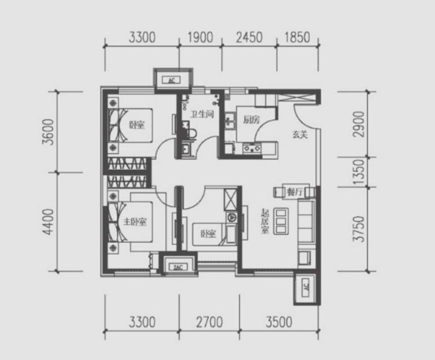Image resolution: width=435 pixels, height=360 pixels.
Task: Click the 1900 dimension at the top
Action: (200, 37)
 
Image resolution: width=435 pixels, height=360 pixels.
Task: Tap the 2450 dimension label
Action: (249, 37)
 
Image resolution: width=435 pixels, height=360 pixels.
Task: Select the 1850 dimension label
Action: (297, 37)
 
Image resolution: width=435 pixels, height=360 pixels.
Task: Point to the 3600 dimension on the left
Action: (48, 132)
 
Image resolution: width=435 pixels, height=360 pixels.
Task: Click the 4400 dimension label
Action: (48, 222)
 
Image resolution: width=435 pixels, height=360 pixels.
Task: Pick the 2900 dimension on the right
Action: (358, 124)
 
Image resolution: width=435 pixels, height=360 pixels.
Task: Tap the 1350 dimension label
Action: (358, 172)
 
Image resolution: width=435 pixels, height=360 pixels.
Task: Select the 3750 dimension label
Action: (358, 229)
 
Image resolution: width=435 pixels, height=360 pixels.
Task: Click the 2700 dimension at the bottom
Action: (210, 322)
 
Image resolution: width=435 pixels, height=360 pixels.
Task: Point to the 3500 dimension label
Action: (279, 322)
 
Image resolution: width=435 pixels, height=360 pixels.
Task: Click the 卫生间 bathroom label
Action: (202, 114)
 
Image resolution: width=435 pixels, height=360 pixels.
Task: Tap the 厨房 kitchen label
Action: (251, 120)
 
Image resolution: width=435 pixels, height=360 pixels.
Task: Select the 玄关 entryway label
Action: (300, 135)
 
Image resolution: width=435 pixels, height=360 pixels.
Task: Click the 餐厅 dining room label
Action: (295, 192)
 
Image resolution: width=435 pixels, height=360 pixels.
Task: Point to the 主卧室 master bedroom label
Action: (135, 222)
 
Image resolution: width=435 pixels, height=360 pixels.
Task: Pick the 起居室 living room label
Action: (265, 221)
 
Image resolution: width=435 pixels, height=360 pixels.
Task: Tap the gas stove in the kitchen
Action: (252, 149)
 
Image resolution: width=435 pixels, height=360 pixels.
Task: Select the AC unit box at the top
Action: (173, 80)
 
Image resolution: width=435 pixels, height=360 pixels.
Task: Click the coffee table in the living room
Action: (281, 221)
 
